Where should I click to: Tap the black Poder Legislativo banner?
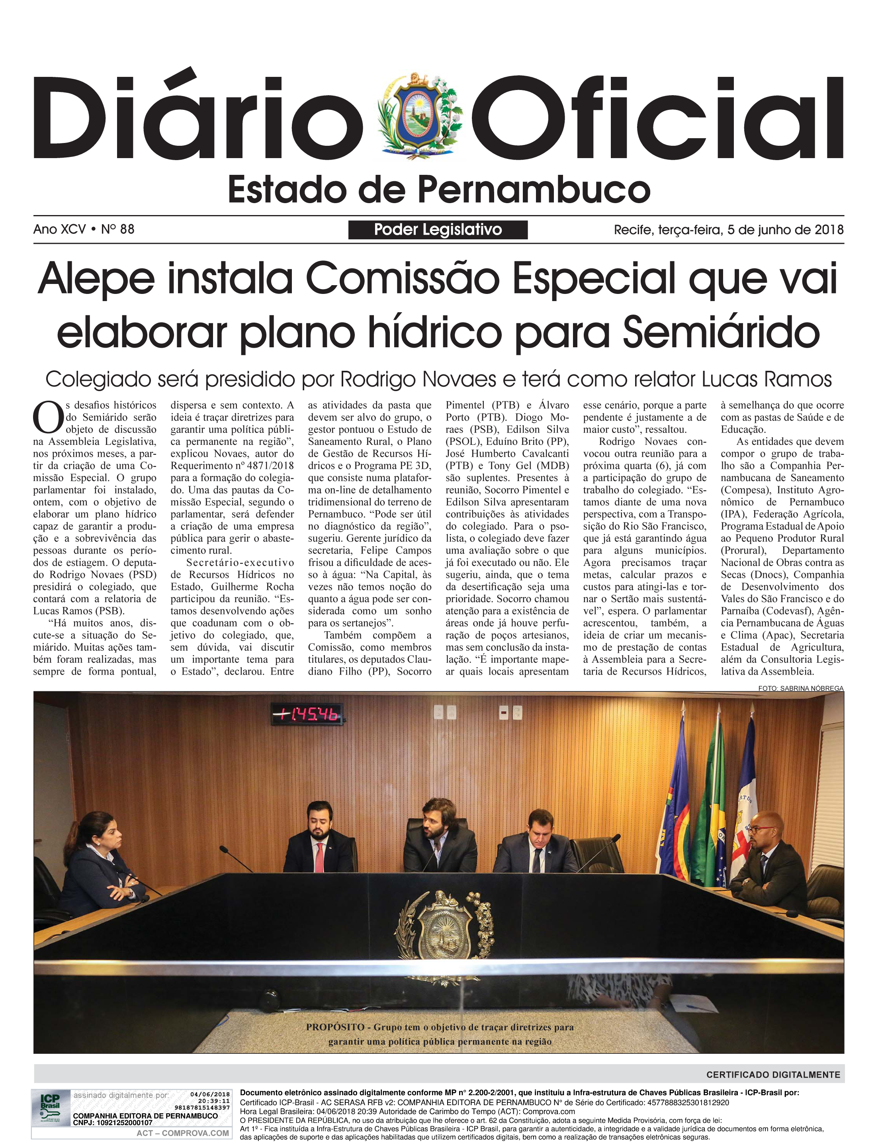pyautogui.click(x=438, y=229)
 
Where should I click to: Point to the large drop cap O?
pyautogui.click(x=48, y=417)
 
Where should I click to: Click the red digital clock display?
pyautogui.click(x=308, y=714)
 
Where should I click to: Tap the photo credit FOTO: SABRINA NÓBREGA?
pyautogui.click(x=801, y=688)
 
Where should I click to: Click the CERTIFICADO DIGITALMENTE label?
pyautogui.click(x=773, y=1075)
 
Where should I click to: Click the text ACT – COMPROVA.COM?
pyautogui.click(x=183, y=1133)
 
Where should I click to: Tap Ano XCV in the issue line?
pyautogui.click(x=59, y=229)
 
